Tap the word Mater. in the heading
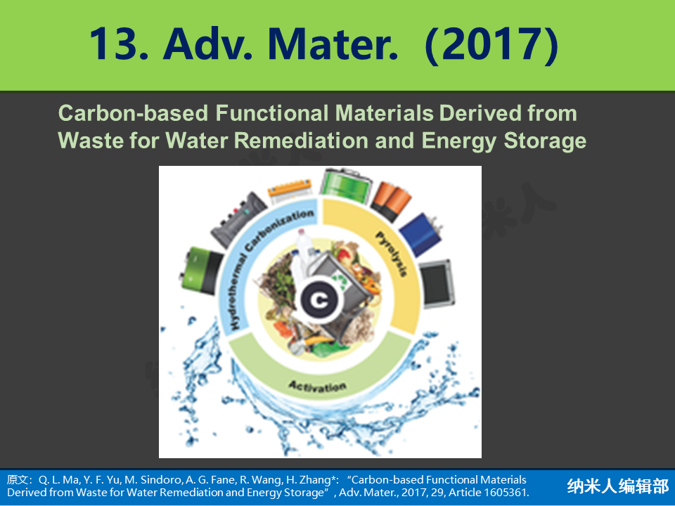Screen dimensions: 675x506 333,44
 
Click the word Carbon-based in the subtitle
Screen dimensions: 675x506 134,114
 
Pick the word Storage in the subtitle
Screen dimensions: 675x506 545,141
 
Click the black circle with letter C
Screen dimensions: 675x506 319,300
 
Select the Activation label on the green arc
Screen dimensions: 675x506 317,386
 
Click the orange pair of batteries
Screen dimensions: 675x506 391,201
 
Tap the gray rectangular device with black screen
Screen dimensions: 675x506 437,283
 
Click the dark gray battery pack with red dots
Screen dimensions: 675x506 238,219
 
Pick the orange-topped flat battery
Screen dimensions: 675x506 290,191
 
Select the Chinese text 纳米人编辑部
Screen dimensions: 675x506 618,486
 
